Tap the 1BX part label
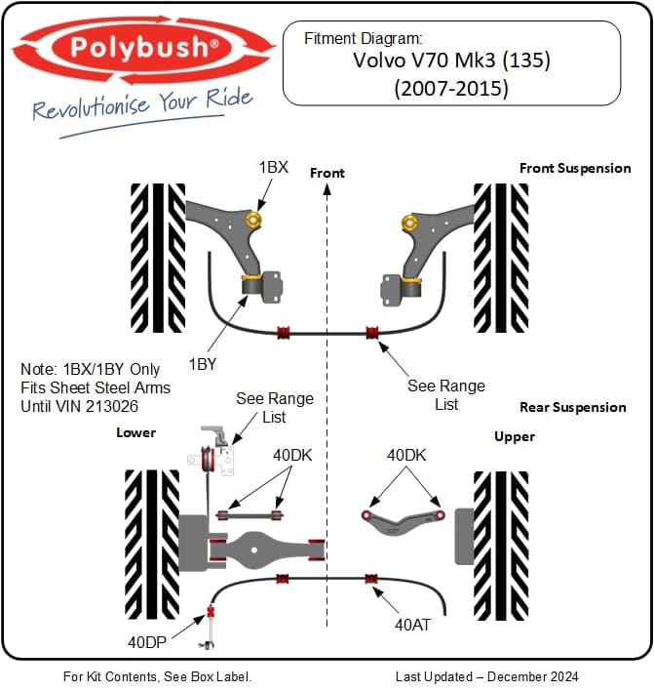pos(273,167)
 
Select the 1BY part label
pos(203,364)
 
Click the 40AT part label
pos(412,624)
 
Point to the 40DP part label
pos(148,643)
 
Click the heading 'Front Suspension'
pos(575,168)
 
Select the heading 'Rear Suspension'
pos(573,407)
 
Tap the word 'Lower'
pos(135,432)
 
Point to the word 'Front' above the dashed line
pos(327,173)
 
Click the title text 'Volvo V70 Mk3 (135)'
pos(451,61)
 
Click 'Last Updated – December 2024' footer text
pos(486,676)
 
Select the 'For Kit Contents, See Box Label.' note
pos(157,676)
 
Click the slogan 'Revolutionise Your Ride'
pos(142,104)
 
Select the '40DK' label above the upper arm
pos(407,456)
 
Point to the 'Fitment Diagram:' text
pos(364,39)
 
